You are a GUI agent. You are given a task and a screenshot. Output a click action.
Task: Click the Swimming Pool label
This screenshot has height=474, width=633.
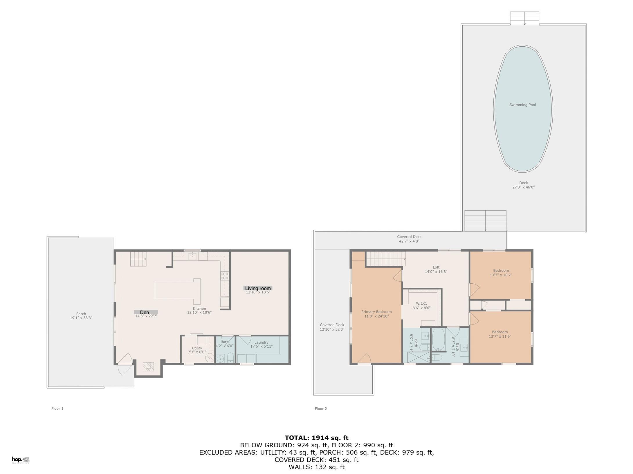pyautogui.click(x=522, y=105)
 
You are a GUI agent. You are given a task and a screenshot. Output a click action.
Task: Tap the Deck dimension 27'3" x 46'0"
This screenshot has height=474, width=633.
pyautogui.click(x=523, y=187)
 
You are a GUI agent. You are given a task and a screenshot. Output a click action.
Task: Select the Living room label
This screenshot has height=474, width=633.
pyautogui.click(x=258, y=288)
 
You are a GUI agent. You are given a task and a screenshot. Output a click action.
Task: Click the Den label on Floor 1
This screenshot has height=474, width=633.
pyautogui.click(x=145, y=312)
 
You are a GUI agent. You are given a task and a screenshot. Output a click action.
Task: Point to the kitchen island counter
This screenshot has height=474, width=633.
pyautogui.click(x=178, y=290)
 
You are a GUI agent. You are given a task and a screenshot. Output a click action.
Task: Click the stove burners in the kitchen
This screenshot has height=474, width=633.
pyautogui.click(x=225, y=276)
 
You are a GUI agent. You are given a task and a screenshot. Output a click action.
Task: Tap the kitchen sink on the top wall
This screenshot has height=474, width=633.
pyautogui.click(x=192, y=256)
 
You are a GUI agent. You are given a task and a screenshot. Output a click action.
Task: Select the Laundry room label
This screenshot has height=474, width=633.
pyautogui.click(x=261, y=342)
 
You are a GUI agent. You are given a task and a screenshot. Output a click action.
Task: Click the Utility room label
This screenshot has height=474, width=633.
pyautogui.click(x=197, y=348)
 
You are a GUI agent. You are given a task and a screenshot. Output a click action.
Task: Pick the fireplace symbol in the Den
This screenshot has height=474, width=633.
pyautogui.click(x=149, y=367)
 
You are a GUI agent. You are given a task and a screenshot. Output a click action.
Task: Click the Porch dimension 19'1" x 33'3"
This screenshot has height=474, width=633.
pyautogui.click(x=81, y=318)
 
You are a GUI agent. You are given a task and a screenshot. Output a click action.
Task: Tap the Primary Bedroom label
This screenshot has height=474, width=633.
pyautogui.click(x=376, y=312)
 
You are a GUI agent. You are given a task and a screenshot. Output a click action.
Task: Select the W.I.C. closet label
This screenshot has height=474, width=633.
pyautogui.click(x=421, y=303)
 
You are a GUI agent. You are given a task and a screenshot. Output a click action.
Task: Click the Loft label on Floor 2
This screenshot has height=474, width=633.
pyautogui.click(x=436, y=267)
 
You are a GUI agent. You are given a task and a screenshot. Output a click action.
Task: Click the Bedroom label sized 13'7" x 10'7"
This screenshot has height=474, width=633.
pyautogui.click(x=501, y=271)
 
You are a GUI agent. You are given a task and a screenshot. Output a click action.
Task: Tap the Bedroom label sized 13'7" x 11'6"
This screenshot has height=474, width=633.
pyautogui.click(x=500, y=332)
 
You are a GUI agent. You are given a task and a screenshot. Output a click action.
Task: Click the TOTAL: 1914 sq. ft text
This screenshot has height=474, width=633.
pyautogui.click(x=316, y=438)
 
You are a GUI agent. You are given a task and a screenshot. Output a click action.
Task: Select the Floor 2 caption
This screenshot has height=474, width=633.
pyautogui.click(x=321, y=409)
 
